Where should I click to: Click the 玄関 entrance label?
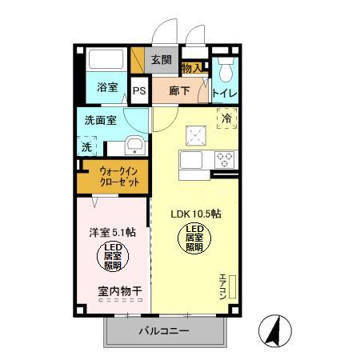point(161,59)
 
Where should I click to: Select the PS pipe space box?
point(139,90)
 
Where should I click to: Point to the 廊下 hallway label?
point(180,90)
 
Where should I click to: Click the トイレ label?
point(224,93)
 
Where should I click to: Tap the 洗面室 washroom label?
point(102,121)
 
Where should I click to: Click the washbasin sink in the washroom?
point(134,146)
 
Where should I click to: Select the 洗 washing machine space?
point(86,147)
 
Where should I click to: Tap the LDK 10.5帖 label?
point(196,214)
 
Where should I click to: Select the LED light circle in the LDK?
point(194,237)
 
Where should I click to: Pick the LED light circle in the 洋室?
point(112,257)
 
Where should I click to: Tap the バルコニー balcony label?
point(162,331)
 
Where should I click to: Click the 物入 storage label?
point(192,69)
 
